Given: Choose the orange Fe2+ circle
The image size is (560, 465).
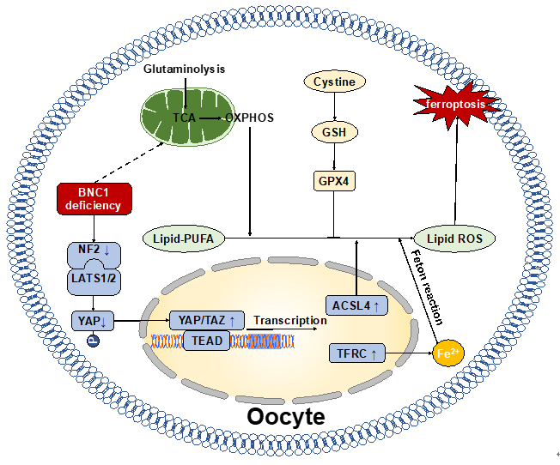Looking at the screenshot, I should [447, 353].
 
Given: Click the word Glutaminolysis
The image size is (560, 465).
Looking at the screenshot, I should [184, 69].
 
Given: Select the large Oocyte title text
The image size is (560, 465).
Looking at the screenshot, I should [286, 417].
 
